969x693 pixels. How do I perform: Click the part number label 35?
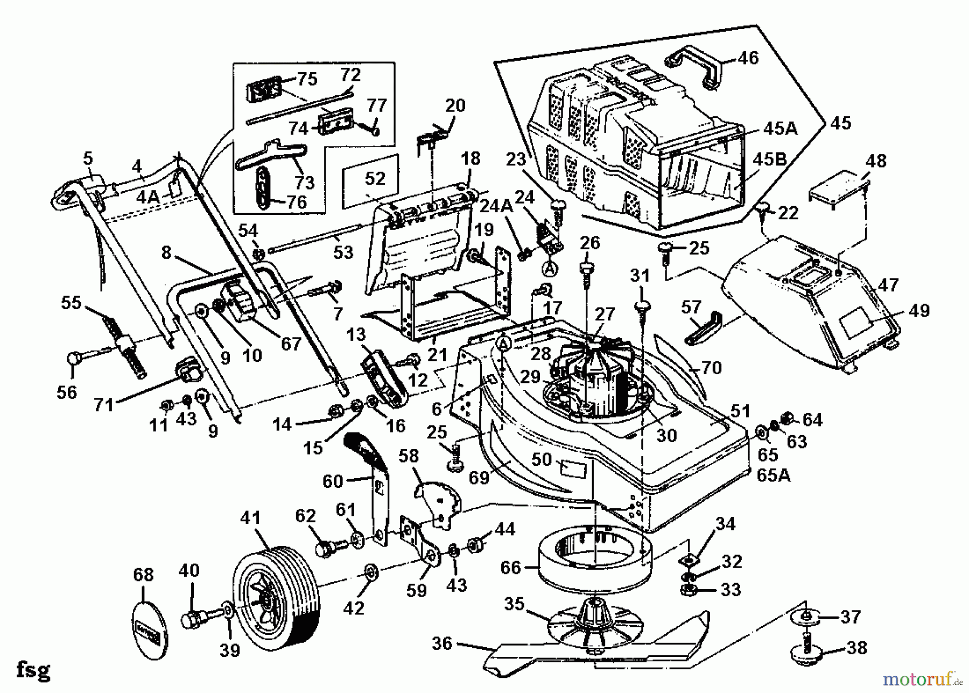point(514,604)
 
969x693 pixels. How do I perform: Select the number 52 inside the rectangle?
point(375,179)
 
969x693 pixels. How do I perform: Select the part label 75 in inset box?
point(307,79)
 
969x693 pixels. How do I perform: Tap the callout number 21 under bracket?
point(437,354)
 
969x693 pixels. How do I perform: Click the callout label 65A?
point(774,475)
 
